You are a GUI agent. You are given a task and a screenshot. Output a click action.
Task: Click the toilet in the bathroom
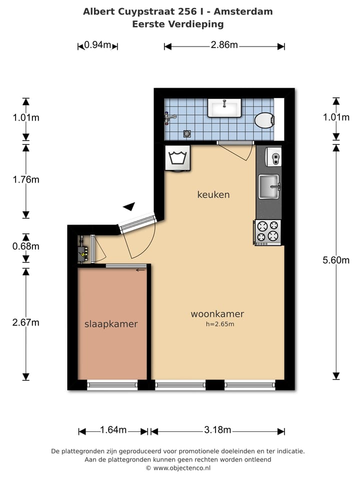[264, 120]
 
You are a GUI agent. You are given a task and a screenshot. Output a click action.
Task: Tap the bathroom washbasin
[224, 107]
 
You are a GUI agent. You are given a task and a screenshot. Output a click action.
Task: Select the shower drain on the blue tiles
[187, 133]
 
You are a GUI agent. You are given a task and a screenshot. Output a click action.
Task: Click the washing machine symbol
[177, 157]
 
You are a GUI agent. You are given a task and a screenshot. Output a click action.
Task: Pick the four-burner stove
[267, 232]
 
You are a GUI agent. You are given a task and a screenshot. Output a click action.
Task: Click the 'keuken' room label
[213, 194]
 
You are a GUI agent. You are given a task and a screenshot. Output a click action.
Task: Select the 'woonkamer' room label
[217, 314]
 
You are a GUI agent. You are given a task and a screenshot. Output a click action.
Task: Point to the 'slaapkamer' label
[111, 324]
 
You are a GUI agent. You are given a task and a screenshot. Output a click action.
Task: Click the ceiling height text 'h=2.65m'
[220, 324]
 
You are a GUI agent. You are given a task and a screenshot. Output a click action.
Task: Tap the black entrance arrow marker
[129, 206]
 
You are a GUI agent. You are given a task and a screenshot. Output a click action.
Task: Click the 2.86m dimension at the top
[224, 45]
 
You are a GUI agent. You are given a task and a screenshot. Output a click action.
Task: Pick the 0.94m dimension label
[97, 45]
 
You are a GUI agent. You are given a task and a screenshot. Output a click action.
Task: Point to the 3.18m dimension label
[217, 430]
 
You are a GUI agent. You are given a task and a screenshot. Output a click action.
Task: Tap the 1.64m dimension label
[113, 430]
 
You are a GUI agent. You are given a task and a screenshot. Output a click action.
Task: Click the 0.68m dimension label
[26, 246]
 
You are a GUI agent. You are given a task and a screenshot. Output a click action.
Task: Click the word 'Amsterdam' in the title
[248, 11]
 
